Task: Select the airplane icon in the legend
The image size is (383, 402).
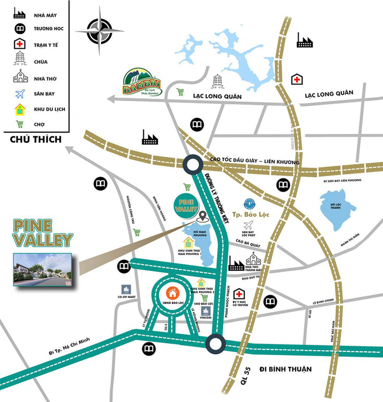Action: coord(20,93)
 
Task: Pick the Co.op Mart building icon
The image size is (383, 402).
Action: coord(125,290)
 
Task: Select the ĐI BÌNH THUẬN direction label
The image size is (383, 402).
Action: coord(285,369)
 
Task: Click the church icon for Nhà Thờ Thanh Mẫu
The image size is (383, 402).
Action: coord(254,260)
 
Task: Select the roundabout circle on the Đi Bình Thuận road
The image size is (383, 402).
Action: coord(215,344)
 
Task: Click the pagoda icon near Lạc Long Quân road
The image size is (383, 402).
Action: coord(218,81)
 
